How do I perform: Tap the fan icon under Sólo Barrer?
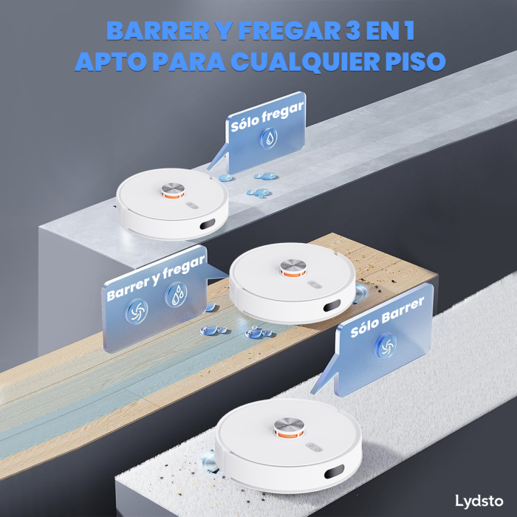(x=385, y=343)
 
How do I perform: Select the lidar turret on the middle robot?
(x=292, y=267)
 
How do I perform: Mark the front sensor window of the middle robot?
(x=331, y=304)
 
